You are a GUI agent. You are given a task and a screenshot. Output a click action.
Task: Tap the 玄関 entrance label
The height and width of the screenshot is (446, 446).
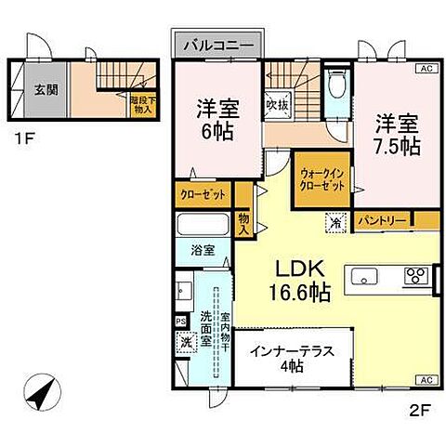(46, 89)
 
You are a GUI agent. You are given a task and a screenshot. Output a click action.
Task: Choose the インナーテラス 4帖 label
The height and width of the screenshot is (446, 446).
(292, 358)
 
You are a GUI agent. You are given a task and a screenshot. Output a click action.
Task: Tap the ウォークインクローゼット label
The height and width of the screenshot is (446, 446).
(321, 180)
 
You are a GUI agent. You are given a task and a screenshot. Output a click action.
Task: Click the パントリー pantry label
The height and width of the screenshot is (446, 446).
(382, 221)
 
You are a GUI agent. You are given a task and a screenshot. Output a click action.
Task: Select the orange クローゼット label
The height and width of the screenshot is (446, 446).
(203, 196)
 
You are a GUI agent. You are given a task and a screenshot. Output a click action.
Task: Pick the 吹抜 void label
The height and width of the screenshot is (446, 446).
(275, 105)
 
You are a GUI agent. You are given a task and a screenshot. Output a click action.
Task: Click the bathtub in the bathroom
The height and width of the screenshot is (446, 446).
(203, 226)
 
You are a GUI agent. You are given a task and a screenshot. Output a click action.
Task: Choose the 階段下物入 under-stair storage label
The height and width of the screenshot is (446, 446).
(142, 104)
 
